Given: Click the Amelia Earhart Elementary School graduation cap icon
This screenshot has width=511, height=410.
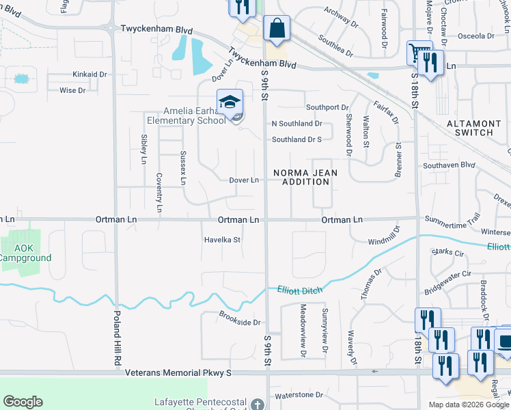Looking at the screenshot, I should click(230, 102).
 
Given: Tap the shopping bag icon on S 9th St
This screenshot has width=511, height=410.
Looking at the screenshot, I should click(277, 29).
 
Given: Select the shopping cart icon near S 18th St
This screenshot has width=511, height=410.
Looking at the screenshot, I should click(419, 53).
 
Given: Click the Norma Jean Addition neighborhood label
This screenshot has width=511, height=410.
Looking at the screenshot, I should click(305, 178).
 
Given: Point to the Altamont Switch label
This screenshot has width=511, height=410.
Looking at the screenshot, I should click(478, 128).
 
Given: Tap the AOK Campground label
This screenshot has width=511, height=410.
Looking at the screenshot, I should click(25, 253).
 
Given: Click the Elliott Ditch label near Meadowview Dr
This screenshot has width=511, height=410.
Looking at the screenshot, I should click(299, 290).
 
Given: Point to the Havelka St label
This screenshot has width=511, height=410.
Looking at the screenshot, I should click(223, 240).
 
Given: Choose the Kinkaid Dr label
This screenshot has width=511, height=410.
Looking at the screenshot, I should click(90, 74).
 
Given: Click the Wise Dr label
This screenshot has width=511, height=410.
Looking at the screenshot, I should click(72, 90).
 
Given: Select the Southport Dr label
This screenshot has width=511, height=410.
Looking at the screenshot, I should click(327, 107).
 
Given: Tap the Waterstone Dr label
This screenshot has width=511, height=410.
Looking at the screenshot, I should click(299, 396).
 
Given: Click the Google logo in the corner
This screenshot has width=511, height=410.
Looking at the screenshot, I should click(23, 402).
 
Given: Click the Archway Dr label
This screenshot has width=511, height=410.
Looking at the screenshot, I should click(342, 17).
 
